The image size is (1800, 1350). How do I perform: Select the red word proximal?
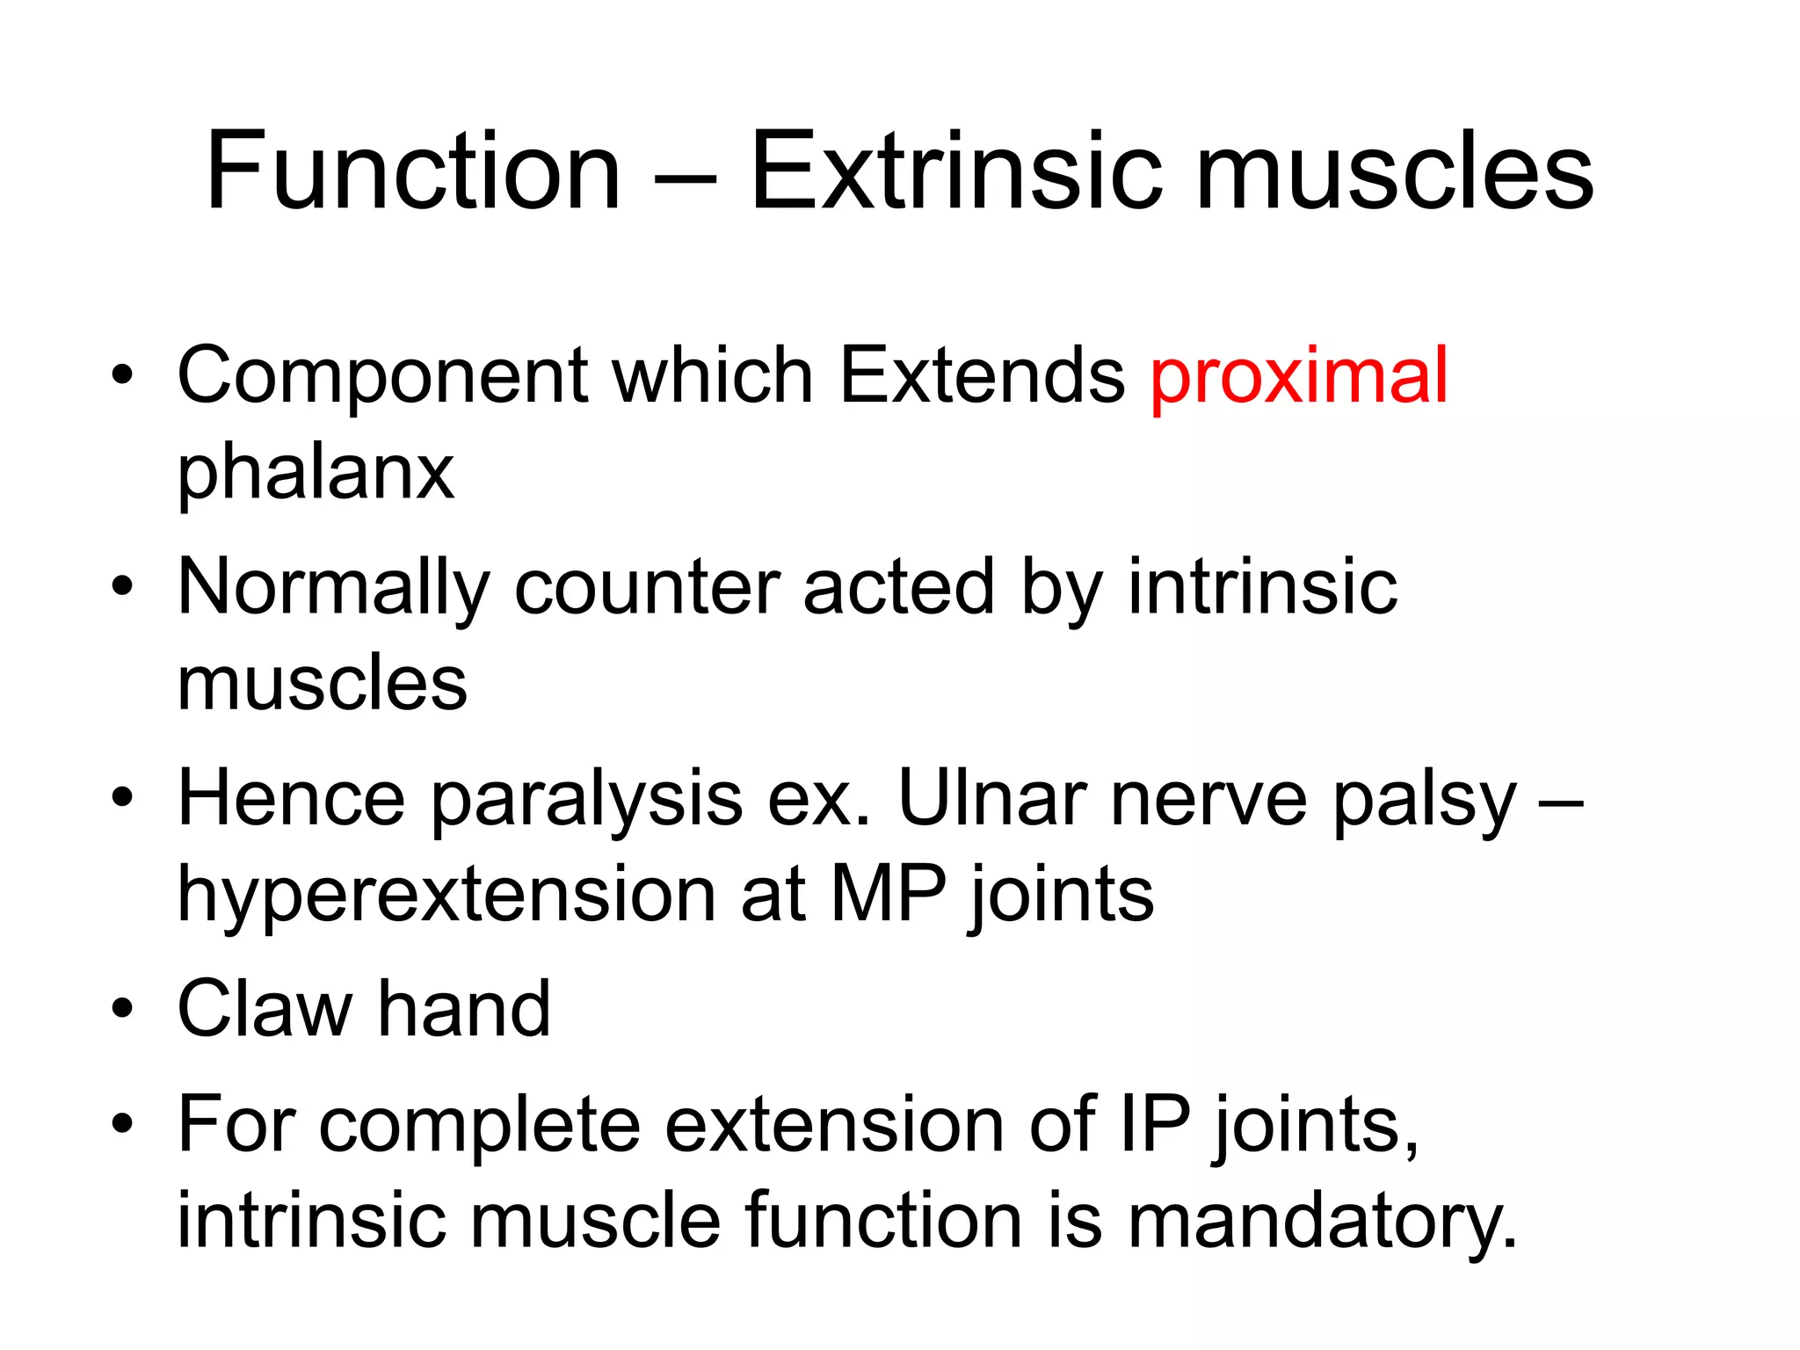point(1298,376)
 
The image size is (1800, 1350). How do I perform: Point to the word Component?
point(382,376)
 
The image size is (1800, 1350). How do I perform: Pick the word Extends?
point(981,376)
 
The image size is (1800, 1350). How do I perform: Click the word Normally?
point(333,588)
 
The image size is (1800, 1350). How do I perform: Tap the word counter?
point(646,588)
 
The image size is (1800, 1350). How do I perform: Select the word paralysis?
point(586,798)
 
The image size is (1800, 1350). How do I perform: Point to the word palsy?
point(1424,798)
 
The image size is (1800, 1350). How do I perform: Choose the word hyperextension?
point(446,895)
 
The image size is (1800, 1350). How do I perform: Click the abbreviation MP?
point(888,895)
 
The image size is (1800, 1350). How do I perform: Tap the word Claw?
point(265,1009)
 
